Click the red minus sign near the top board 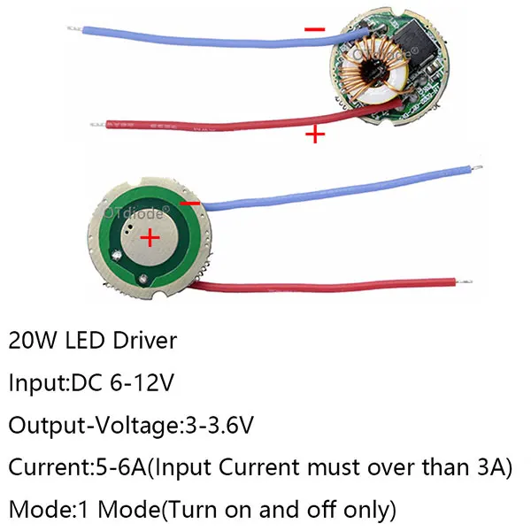(x=314, y=29)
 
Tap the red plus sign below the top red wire (x=315, y=135)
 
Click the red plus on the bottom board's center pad (x=150, y=238)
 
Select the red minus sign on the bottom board (x=190, y=204)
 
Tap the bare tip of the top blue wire (x=74, y=28)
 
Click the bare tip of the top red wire (x=98, y=125)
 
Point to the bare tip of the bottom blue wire (x=476, y=167)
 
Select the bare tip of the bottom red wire (x=464, y=281)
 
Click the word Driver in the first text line (x=144, y=341)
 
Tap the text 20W (x=32, y=341)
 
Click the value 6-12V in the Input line (x=142, y=382)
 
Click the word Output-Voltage (x=94, y=426)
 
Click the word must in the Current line (x=335, y=467)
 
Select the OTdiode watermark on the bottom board (x=137, y=213)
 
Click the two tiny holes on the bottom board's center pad (x=128, y=230)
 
